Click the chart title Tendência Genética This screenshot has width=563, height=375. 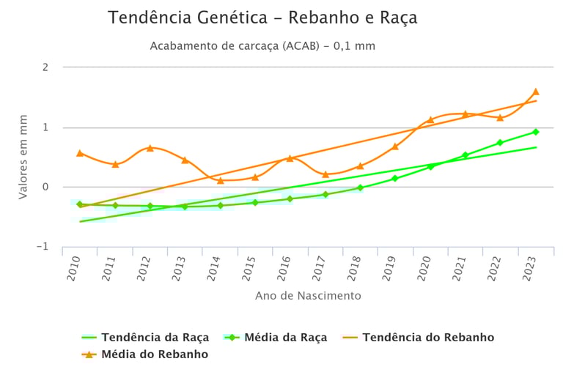(x=262, y=18)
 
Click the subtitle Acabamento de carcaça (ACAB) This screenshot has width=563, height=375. (x=262, y=45)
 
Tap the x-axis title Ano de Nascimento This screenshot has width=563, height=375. (x=308, y=296)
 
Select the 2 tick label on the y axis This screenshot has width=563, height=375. (x=45, y=67)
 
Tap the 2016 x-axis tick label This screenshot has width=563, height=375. (x=284, y=270)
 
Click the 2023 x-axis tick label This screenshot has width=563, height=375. (x=529, y=270)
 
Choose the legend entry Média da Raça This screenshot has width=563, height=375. (x=285, y=338)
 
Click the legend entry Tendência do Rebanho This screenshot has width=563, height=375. (x=428, y=338)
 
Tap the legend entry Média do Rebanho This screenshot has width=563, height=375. (x=154, y=354)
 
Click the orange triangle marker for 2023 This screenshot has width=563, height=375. (x=535, y=92)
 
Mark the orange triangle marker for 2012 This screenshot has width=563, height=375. (x=150, y=148)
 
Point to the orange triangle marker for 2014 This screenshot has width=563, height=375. (x=220, y=180)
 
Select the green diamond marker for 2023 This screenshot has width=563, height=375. (x=535, y=132)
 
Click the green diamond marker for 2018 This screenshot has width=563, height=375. (x=360, y=187)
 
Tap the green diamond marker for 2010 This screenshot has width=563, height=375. (x=79, y=204)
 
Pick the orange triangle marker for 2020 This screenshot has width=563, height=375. (x=430, y=119)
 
